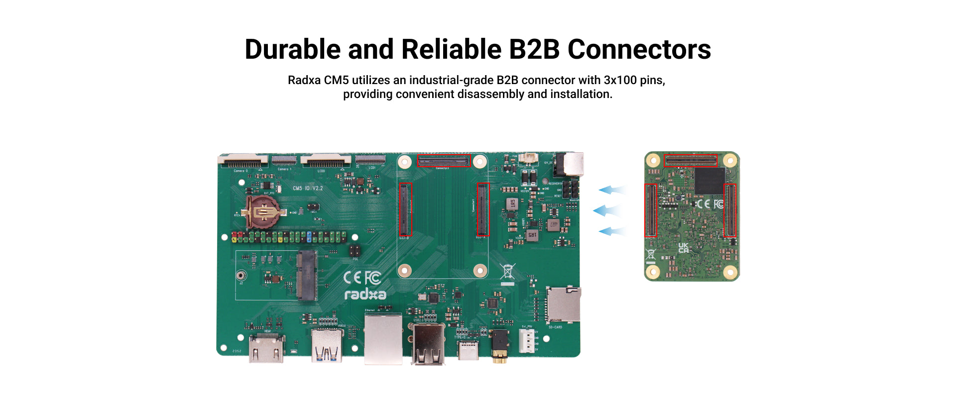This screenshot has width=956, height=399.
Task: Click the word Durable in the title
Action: tap(292, 50)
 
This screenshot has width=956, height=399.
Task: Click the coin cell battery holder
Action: tap(263, 212)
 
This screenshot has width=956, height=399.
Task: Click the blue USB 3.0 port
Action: tap(327, 345)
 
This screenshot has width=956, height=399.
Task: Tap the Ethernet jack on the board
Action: tap(383, 339)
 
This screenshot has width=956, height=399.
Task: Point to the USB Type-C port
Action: tap(468, 350)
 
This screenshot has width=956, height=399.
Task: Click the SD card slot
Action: tap(564, 304)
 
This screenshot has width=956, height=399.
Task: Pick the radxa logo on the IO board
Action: tap(365, 294)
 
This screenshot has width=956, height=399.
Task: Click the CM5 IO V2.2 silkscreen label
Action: tap(308, 189)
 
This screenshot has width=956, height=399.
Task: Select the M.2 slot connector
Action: tap(307, 275)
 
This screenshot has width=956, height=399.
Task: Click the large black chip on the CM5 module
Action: tap(710, 181)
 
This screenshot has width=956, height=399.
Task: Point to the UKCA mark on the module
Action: tap(684, 248)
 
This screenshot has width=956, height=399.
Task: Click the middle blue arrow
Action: tap(608, 211)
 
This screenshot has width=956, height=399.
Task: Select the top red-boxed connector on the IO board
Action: tap(444, 161)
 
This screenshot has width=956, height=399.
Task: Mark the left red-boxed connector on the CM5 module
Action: tap(650, 210)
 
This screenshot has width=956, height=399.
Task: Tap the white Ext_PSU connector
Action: tap(527, 341)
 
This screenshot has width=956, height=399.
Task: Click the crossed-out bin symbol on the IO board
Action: tap(507, 272)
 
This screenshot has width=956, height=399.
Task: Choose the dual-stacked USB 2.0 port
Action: tap(428, 345)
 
